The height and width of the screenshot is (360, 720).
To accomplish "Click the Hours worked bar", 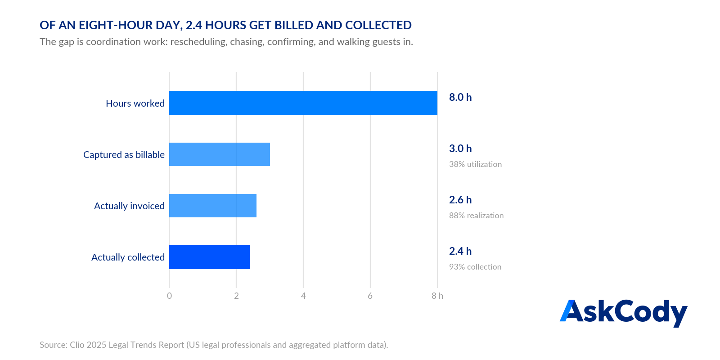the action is (303, 103).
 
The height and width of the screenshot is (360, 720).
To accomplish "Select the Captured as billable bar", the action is (220, 154).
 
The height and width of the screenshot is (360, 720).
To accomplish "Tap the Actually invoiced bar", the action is (213, 206).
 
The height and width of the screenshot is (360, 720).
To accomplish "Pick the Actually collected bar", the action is (210, 257).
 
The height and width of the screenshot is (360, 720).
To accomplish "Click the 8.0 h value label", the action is (460, 97).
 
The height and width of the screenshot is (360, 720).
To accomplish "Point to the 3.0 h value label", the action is (460, 148).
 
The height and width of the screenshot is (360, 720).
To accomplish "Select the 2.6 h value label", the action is (460, 200).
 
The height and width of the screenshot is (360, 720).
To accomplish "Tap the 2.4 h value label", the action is (460, 251).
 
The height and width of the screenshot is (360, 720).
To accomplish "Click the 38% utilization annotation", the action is (475, 164).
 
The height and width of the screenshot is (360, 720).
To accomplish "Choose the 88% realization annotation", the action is (477, 216).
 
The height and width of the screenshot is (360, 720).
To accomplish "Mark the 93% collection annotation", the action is (475, 267).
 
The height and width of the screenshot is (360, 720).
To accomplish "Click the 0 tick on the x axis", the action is (169, 296).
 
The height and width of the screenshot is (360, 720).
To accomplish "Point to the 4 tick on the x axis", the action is (303, 296).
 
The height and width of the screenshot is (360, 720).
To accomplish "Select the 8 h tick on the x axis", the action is (437, 296).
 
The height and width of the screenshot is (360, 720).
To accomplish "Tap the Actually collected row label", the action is (128, 257).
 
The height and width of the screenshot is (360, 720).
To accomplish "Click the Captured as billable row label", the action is (124, 155).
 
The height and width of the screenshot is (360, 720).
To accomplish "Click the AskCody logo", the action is (624, 313).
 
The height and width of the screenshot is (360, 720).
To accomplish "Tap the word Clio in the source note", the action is (77, 345).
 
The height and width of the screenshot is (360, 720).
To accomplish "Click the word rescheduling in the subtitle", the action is (198, 42).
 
